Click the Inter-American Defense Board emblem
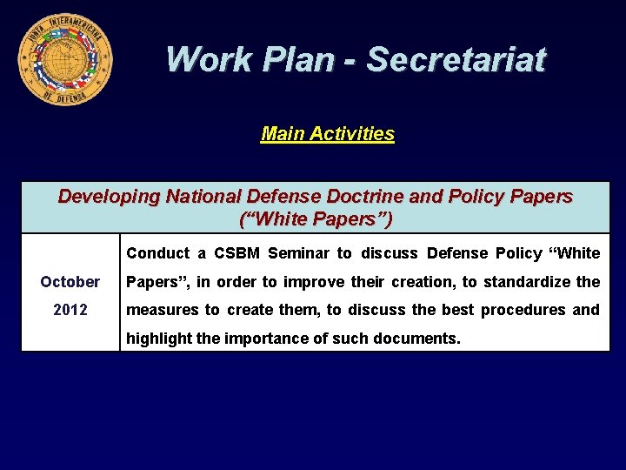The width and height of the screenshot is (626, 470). tap(64, 59)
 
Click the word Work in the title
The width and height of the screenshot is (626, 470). tap(199, 59)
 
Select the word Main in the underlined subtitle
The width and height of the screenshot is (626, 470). tap(280, 134)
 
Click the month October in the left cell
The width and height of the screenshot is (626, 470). tap(70, 282)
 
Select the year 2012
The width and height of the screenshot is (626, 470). tap(70, 310)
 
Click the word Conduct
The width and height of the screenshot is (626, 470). tap(157, 253)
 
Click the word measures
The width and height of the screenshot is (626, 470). tap(162, 310)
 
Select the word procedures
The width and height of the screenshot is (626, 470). tap(520, 310)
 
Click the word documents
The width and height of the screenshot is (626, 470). tap(414, 338)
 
